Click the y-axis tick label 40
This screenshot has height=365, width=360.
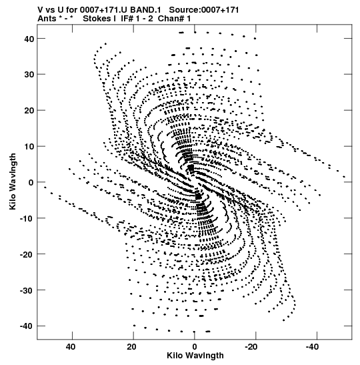point(29,39)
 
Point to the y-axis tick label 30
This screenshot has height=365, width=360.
point(29,75)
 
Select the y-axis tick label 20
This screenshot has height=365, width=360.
point(29,110)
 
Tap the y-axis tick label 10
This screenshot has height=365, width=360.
point(29,146)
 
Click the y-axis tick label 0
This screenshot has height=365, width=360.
point(31,182)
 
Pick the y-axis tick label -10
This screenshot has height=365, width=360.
point(27,218)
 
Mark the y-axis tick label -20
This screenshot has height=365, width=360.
point(27,254)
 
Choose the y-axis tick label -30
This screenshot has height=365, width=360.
point(27,290)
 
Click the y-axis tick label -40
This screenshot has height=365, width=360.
point(27,326)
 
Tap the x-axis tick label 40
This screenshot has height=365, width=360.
point(71,347)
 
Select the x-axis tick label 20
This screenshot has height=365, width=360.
point(131,347)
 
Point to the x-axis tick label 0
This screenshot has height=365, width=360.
point(195,347)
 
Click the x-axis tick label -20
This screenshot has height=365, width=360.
point(251,347)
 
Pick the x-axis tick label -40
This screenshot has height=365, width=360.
point(312,347)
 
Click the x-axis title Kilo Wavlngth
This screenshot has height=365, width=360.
point(195,356)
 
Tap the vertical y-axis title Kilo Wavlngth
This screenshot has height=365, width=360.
point(13,181)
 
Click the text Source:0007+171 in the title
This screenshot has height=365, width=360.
point(204,10)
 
